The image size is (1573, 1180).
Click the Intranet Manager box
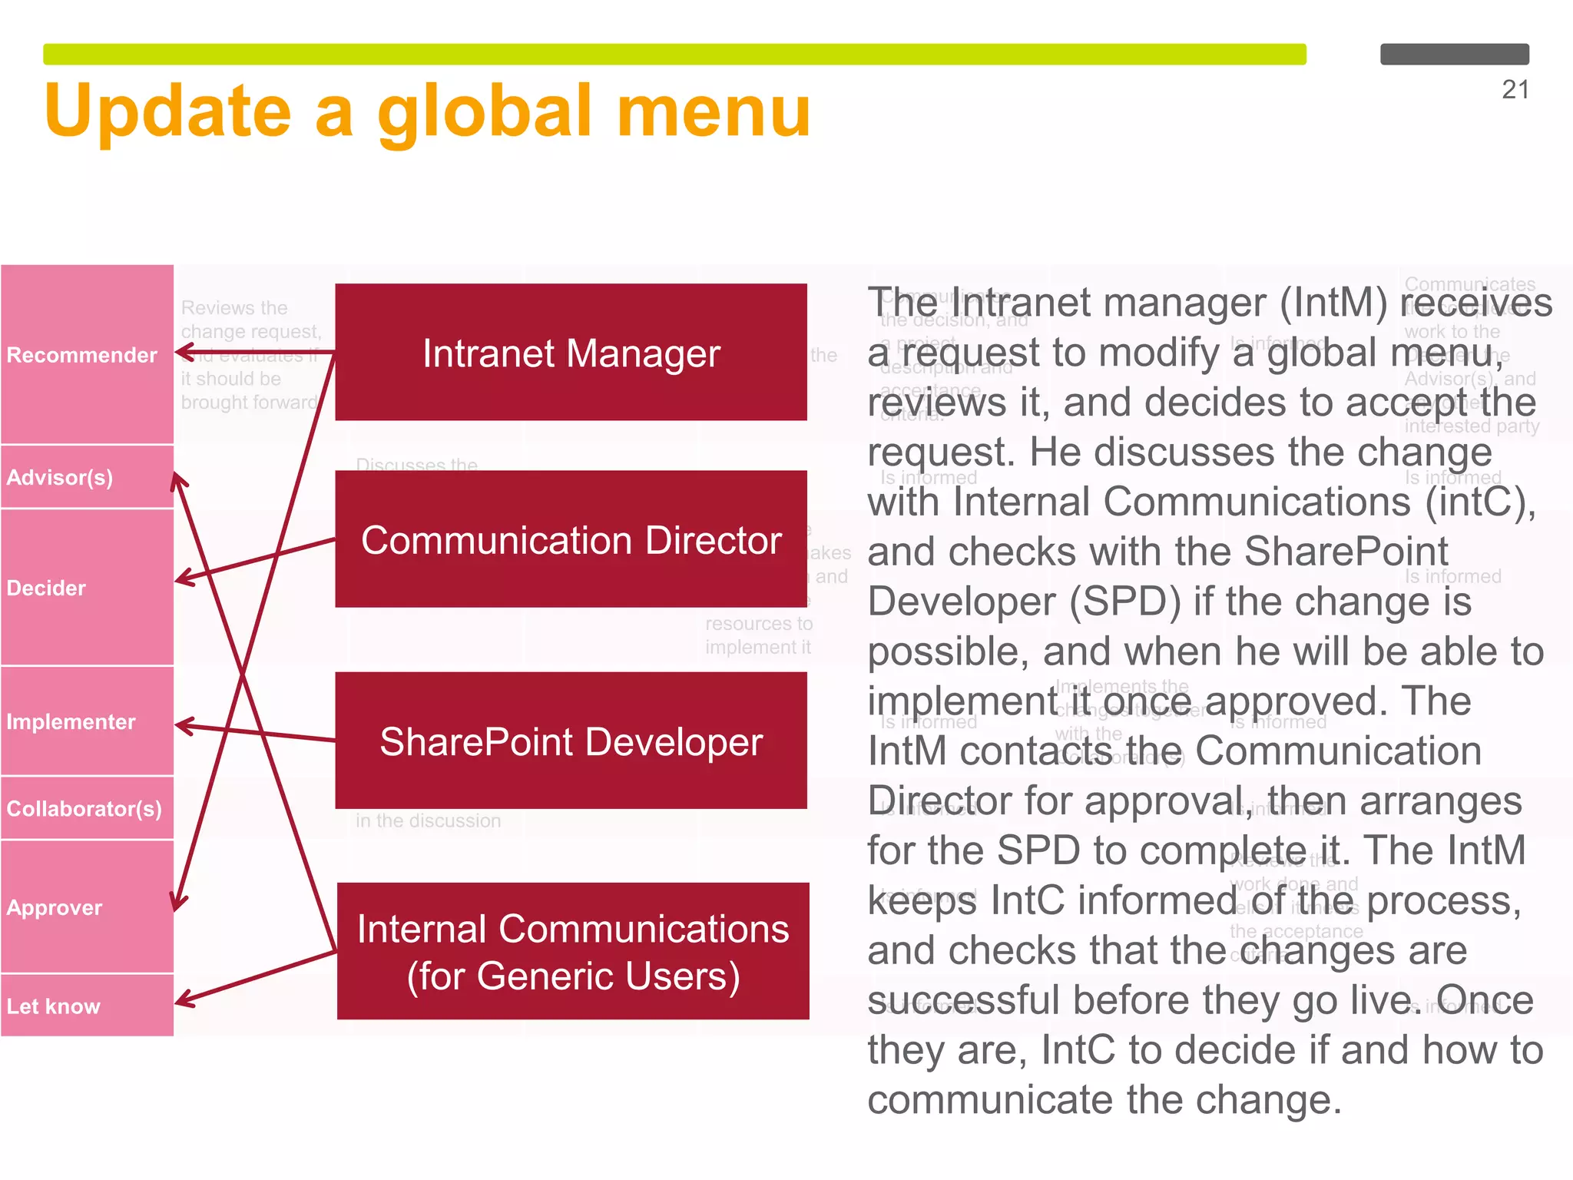(x=571, y=353)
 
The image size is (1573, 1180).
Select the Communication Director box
(x=571, y=539)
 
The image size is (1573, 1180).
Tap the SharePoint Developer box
(x=571, y=741)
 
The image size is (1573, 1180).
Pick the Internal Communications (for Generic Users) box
(x=572, y=951)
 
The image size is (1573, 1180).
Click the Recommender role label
(x=81, y=355)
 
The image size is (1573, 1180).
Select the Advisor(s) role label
(x=60, y=477)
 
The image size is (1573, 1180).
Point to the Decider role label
(x=46, y=588)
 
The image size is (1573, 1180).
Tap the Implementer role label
(x=71, y=721)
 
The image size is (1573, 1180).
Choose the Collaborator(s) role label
(x=84, y=808)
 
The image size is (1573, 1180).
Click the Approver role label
(x=54, y=907)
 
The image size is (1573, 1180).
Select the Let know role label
(x=53, y=1006)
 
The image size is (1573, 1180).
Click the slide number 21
(x=1515, y=90)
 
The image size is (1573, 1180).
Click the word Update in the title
(x=167, y=111)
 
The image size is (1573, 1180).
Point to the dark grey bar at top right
(x=1454, y=55)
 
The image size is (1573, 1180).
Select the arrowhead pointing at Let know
(x=181, y=1001)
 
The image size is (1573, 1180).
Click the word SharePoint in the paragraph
(x=1346, y=552)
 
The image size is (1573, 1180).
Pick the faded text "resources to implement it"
(x=758, y=635)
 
